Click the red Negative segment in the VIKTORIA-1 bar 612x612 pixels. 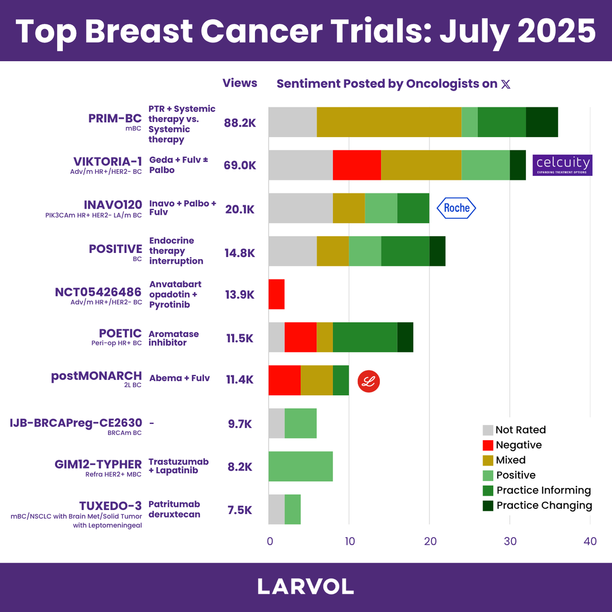pyautogui.click(x=356, y=165)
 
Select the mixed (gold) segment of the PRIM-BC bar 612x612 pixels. pyautogui.click(x=389, y=122)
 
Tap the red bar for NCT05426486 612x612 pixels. pyautogui.click(x=276, y=294)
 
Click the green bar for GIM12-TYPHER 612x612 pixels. pyautogui.click(x=300, y=467)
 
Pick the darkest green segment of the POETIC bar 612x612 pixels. pyautogui.click(x=405, y=337)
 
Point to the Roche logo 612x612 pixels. pyautogui.click(x=456, y=208)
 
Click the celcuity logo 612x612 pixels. pyautogui.click(x=563, y=165)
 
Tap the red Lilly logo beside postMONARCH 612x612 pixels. pyautogui.click(x=368, y=381)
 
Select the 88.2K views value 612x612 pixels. pyautogui.click(x=240, y=123)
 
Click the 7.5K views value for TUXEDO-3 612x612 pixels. pyautogui.click(x=240, y=511)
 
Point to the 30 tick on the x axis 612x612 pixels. pyautogui.click(x=510, y=542)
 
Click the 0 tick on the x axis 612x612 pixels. pyautogui.click(x=270, y=542)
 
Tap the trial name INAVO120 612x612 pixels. pyautogui.click(x=113, y=205)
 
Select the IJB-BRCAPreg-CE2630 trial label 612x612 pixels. pyautogui.click(x=76, y=423)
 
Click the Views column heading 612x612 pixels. pyautogui.click(x=240, y=83)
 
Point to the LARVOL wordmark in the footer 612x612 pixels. pyautogui.click(x=305, y=587)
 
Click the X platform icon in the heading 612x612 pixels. pyautogui.click(x=505, y=84)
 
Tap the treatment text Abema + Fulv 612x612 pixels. pyautogui.click(x=180, y=378)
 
